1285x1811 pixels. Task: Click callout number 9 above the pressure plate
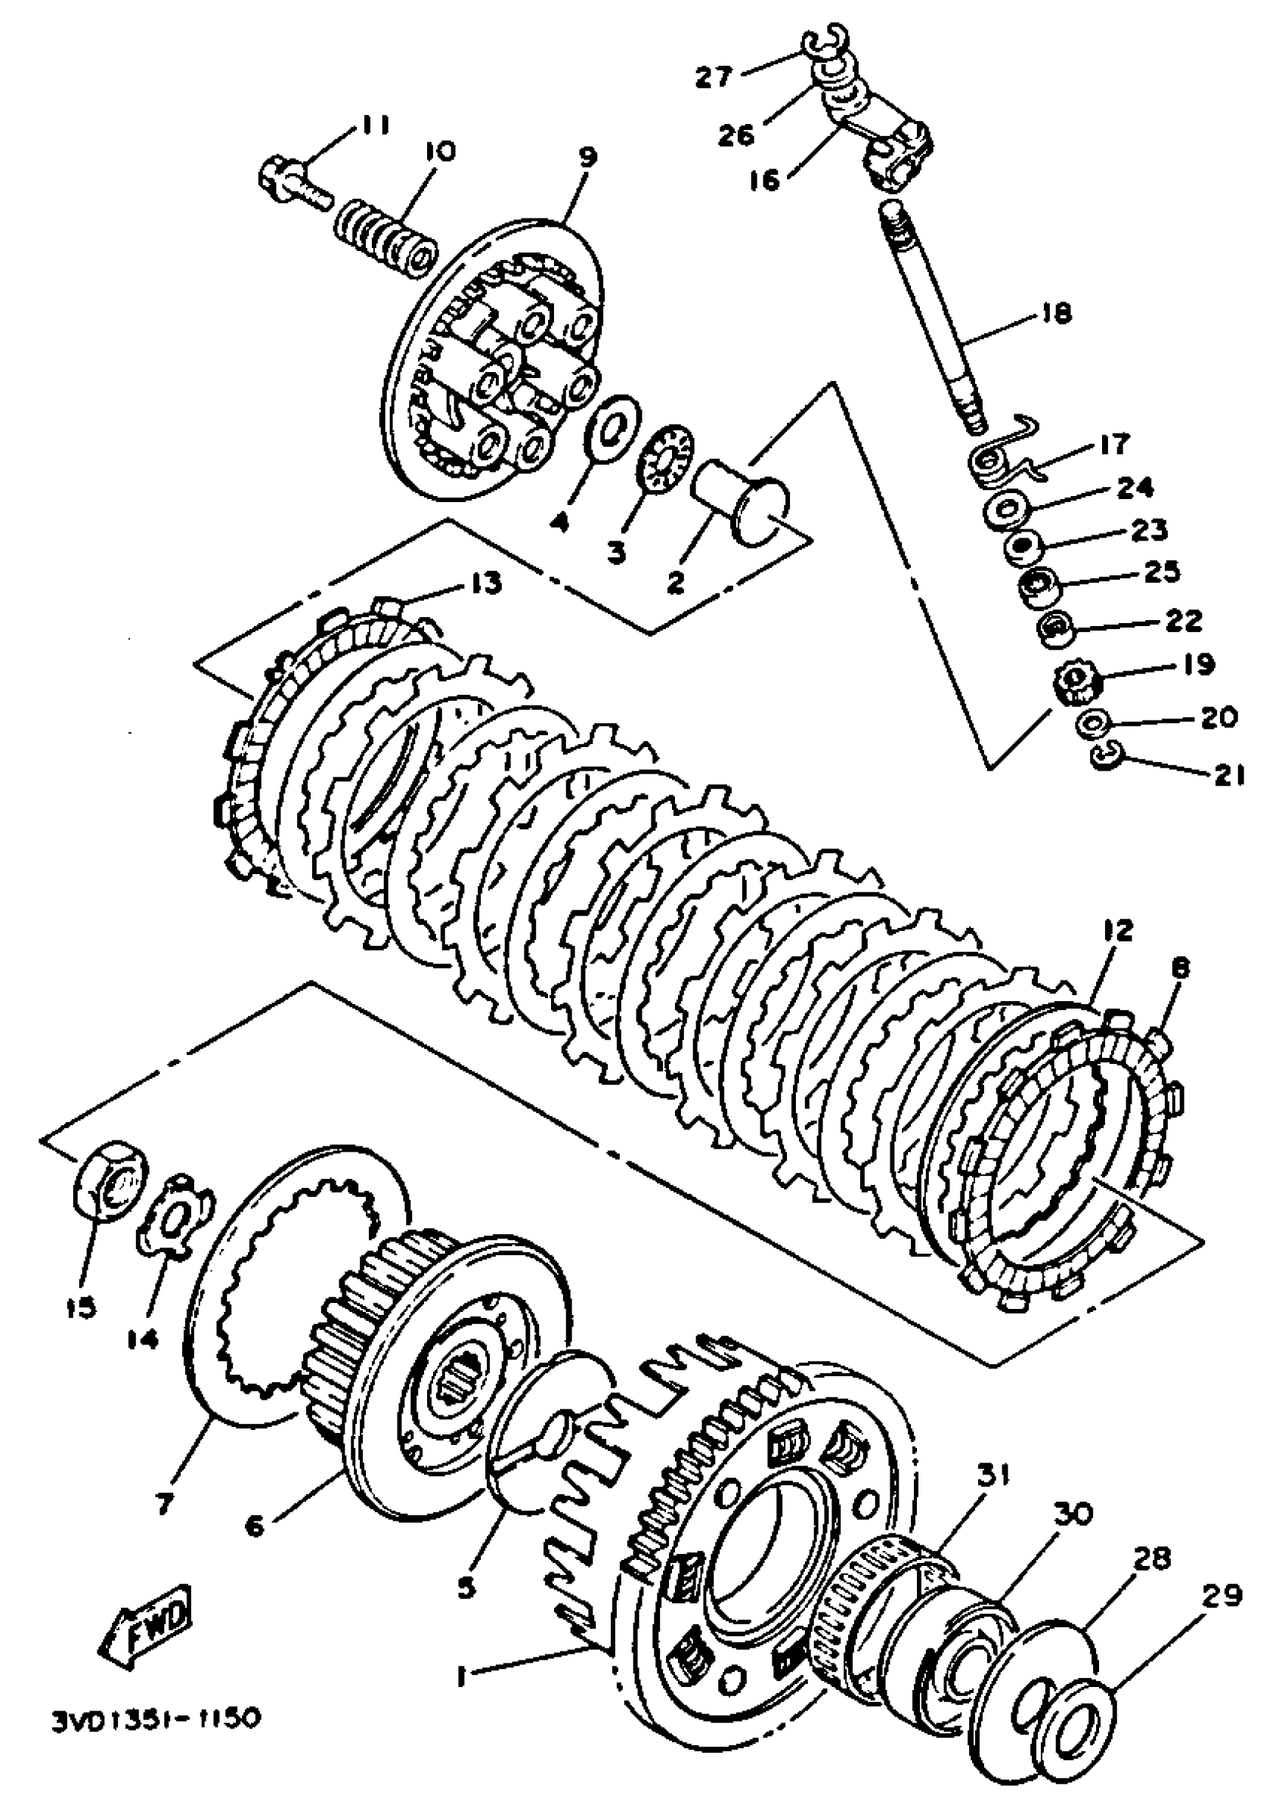pos(586,156)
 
